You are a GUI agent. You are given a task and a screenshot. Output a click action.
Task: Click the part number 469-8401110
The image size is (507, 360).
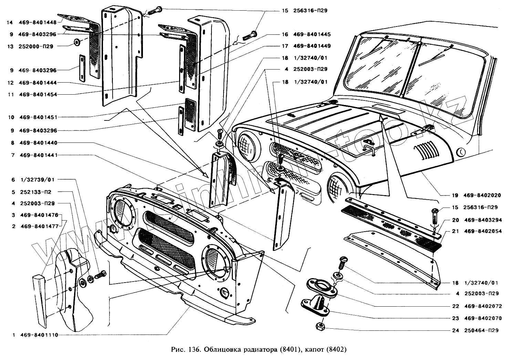pyautogui.click(x=39, y=335)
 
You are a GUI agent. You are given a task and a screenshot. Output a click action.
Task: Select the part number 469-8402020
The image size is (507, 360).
pyautogui.click(x=482, y=195)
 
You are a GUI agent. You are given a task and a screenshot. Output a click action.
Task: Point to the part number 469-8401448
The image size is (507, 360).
pyautogui.click(x=38, y=23)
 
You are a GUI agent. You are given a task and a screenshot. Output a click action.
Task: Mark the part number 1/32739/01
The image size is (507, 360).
pyautogui.click(x=38, y=180)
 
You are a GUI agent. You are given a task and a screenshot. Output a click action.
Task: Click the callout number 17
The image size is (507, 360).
pyautogui.click(x=285, y=46)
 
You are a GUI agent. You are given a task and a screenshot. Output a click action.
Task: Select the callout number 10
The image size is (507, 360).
pyautogui.click(x=11, y=117)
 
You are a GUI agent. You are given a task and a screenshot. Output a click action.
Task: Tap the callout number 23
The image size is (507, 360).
pyautogui.click(x=456, y=318)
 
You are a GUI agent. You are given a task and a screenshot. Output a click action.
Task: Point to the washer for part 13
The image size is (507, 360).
pyautogui.click(x=76, y=42)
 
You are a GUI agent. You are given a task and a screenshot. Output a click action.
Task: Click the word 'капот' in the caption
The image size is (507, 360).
pyautogui.click(x=314, y=350)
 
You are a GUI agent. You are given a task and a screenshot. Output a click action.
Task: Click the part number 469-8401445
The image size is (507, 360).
pyautogui.click(x=312, y=34)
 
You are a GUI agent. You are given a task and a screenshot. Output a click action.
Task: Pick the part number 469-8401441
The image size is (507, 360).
pyautogui.click(x=39, y=155)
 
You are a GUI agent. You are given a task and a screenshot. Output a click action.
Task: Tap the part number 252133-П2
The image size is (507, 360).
pyautogui.click(x=35, y=192)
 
